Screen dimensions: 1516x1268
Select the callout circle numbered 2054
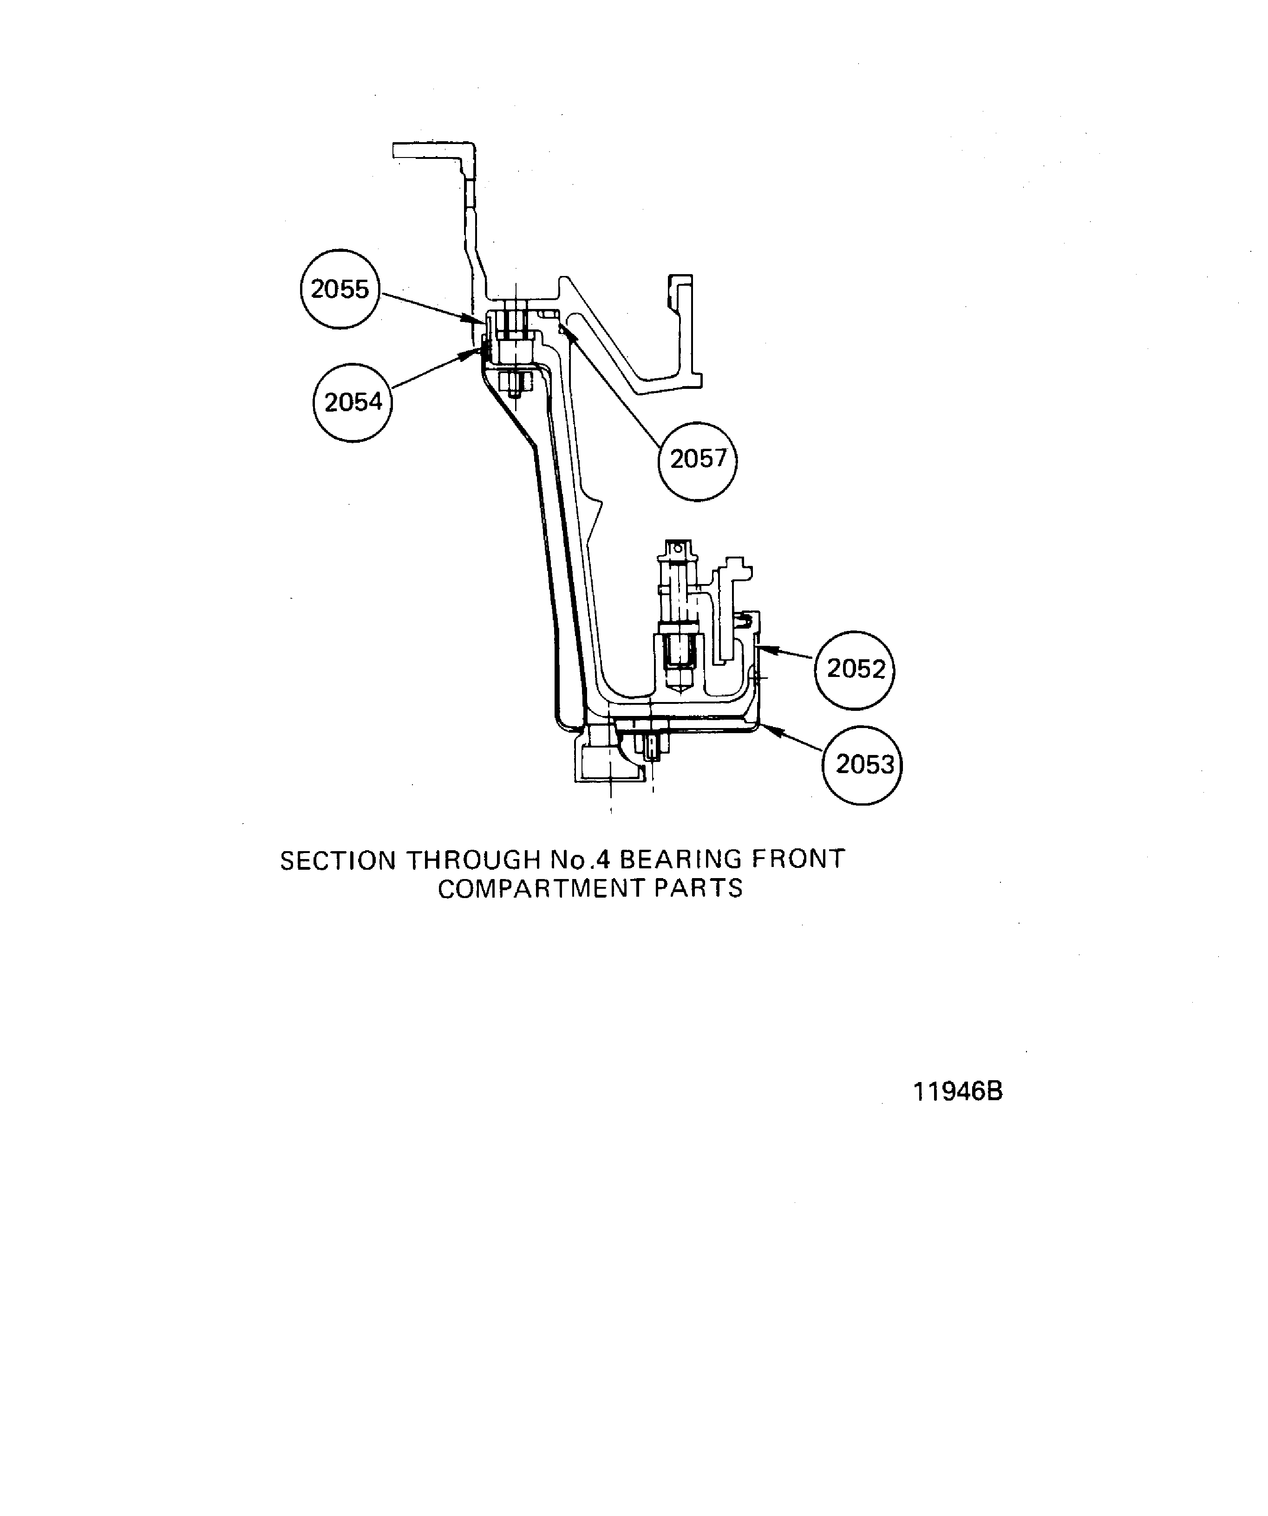353,402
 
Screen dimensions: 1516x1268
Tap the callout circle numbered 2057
698,459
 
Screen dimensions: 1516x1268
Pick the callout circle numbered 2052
855,669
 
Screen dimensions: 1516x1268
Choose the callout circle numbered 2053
863,764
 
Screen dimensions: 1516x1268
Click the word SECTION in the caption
338,860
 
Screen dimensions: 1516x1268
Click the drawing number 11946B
958,1091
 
